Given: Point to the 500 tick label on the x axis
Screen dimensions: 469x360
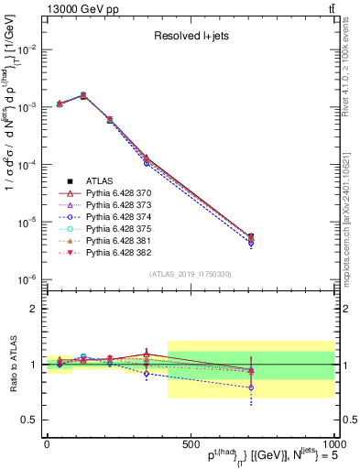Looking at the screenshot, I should click(x=190, y=442).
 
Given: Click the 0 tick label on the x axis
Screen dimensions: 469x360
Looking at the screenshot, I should click(x=47, y=442).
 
